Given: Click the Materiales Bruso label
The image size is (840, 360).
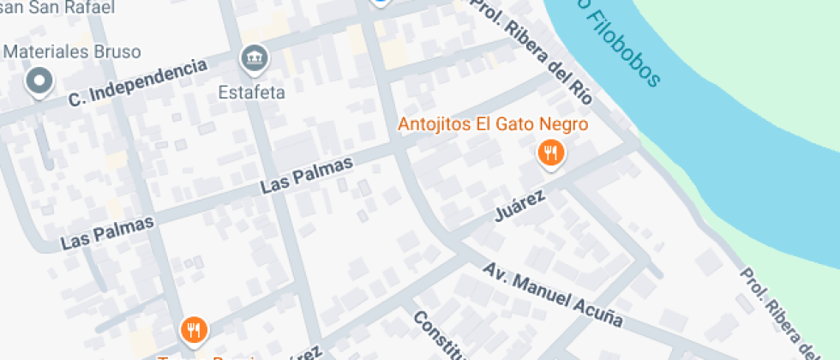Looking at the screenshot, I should pos(71,51).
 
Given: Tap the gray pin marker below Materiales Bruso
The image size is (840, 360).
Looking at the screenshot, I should pos(39,83).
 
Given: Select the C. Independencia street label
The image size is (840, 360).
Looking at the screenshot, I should pos(138,83).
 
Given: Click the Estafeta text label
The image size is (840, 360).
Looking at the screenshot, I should pos(251,89).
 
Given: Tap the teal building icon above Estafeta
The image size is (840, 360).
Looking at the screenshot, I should pos(255,58).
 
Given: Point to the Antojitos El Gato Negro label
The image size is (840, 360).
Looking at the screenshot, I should pos(493,124).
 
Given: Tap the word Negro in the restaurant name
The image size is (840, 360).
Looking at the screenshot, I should pos(565,124).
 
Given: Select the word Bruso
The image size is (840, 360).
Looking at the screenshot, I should pos(117,51).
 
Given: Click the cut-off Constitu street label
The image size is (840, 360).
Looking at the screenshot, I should pos(438,334).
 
